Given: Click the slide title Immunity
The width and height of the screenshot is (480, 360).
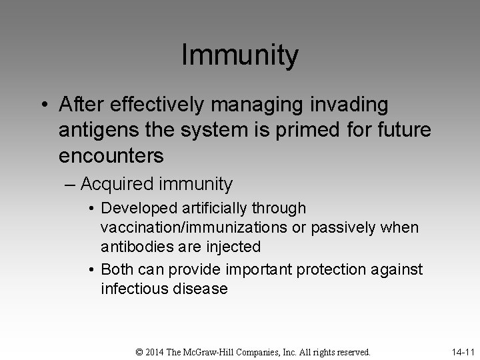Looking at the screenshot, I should (240, 55).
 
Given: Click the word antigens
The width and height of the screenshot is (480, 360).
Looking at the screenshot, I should (94, 130).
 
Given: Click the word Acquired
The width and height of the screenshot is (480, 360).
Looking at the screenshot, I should (120, 184).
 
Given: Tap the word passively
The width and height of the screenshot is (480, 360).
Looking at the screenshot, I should (341, 228).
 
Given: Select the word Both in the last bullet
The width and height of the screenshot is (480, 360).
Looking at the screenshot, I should (116, 269).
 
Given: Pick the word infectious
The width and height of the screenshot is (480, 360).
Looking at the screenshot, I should (133, 289).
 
